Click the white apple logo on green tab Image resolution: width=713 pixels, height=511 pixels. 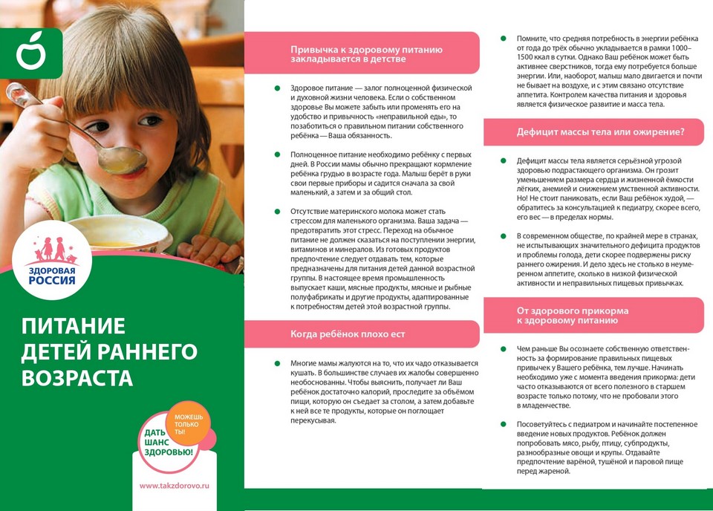[x=30, y=53]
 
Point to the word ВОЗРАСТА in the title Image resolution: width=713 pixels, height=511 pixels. [x=77, y=377]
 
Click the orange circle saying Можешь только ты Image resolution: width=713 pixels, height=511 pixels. [x=189, y=423]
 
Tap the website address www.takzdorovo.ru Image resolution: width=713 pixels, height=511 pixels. [x=175, y=484]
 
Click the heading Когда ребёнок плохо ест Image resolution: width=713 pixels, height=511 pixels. [x=348, y=333]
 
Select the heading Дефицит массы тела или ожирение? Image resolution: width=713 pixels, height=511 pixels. [x=600, y=132]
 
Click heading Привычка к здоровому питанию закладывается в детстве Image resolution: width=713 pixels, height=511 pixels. [x=367, y=53]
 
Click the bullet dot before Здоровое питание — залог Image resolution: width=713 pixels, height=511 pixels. [x=277, y=88]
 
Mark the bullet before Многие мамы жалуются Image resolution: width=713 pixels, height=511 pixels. [x=277, y=363]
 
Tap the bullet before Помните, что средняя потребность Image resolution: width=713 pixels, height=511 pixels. [x=504, y=37]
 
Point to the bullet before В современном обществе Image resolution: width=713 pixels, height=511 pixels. [x=504, y=235]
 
